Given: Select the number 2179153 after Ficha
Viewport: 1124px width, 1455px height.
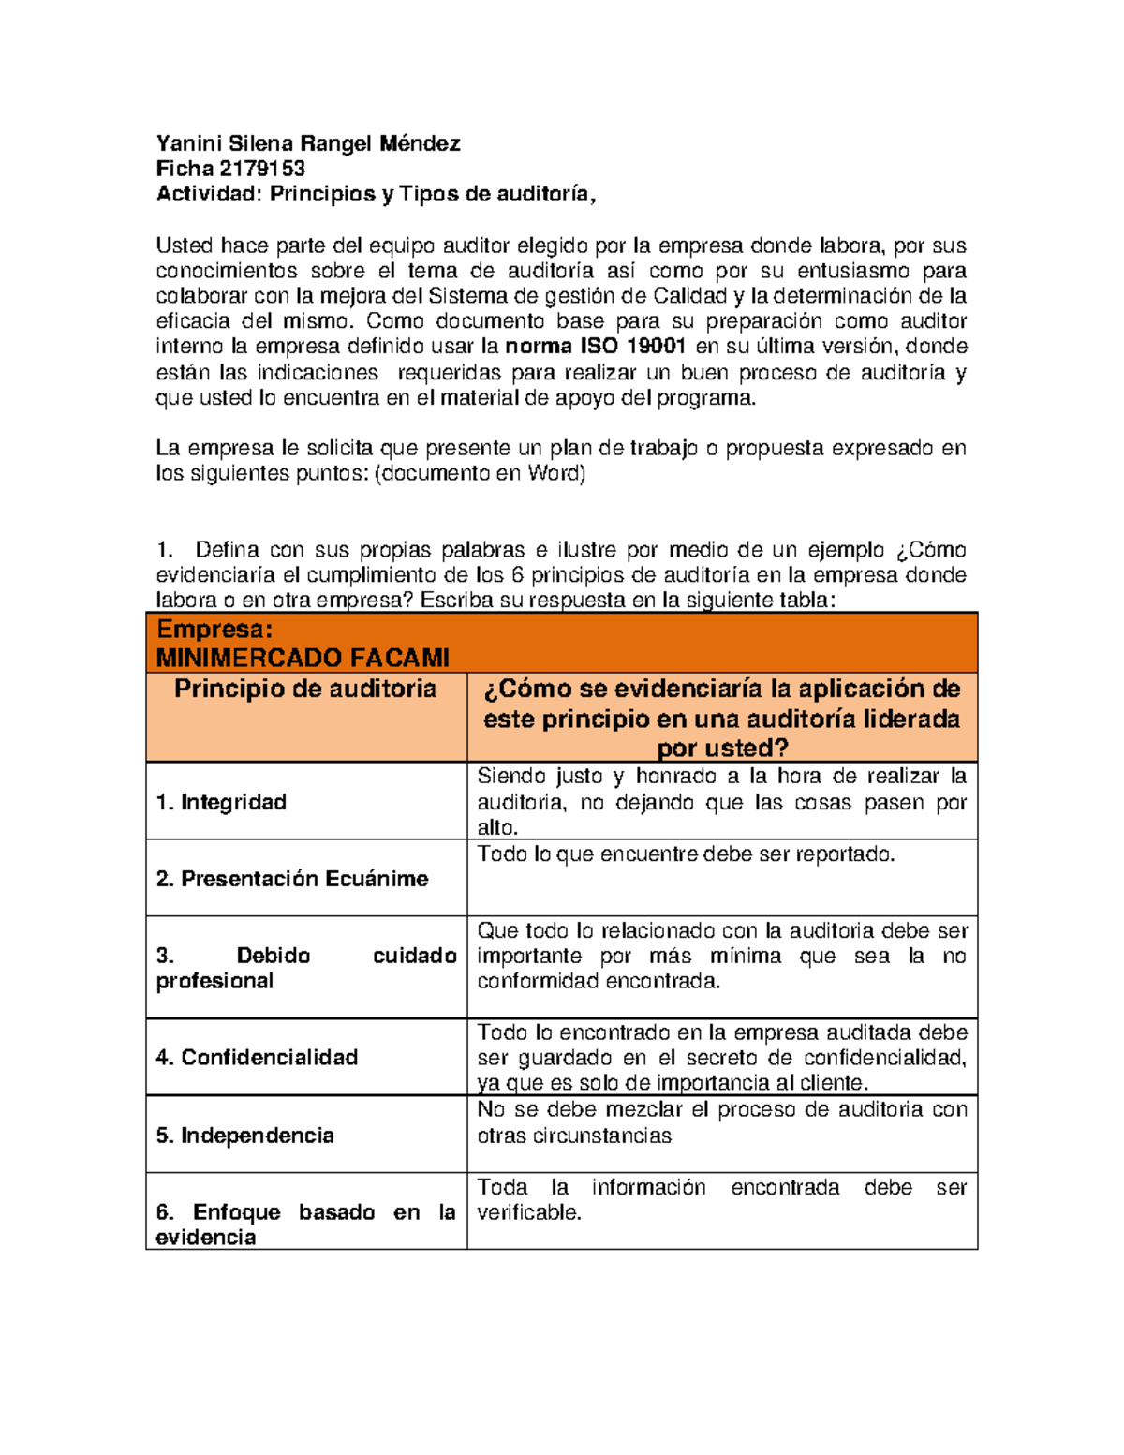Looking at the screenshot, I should point(262,169).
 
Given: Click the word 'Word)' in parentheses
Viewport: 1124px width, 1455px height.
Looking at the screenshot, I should point(556,473).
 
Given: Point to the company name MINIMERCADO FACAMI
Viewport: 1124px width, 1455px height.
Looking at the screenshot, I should point(303,658).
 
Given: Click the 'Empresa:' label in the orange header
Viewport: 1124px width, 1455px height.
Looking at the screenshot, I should point(214,630).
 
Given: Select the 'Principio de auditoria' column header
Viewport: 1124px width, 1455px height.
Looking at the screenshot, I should point(305,689).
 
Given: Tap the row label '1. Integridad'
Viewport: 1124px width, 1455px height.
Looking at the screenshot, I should point(221,802).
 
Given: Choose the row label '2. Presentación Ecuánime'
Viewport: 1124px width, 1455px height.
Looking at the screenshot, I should point(292,879).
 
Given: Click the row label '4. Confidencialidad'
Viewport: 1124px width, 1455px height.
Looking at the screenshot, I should point(257,1058).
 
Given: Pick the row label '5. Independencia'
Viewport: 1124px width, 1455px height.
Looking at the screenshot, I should point(244,1136).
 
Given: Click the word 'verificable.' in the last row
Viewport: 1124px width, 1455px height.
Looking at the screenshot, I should point(529,1212).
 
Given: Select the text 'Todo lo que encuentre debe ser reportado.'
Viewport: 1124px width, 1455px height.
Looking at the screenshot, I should point(686,854).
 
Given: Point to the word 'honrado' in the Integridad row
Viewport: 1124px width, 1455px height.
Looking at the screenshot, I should point(677,777).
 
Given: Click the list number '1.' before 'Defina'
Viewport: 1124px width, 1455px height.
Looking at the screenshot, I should point(166,550).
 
